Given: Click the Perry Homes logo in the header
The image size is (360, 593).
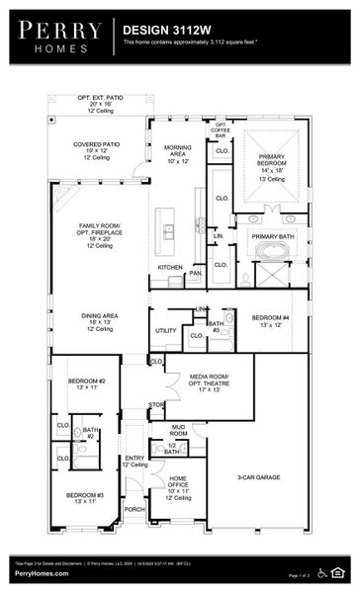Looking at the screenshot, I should (56, 37).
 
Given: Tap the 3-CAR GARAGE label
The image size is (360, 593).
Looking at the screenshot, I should (259, 477).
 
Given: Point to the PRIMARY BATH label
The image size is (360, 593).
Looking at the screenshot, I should (271, 237).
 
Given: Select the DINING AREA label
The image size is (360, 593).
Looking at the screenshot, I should (99, 321).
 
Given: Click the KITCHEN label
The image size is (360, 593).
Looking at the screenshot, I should (169, 268).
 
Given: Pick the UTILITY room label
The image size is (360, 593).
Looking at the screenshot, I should (165, 330).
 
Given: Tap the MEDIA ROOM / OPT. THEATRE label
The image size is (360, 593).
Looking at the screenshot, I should (209, 382).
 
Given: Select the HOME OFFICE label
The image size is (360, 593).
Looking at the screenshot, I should (179, 484).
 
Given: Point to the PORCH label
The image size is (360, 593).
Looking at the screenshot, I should (135, 510).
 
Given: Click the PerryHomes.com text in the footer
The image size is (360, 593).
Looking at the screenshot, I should (41, 574).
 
